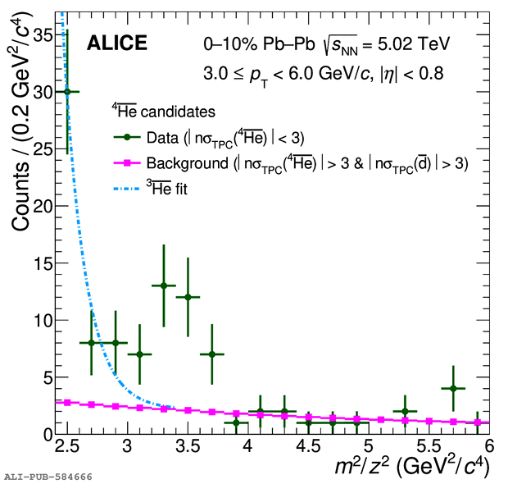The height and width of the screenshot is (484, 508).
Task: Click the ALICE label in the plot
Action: tap(116, 43)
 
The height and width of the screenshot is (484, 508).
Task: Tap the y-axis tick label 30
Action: tap(39, 92)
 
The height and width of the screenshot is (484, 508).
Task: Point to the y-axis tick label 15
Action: tap(39, 263)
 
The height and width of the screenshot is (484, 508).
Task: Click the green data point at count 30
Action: tap(67, 91)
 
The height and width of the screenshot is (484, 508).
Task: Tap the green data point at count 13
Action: tap(164, 285)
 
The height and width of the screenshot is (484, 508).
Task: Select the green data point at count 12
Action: tap(188, 297)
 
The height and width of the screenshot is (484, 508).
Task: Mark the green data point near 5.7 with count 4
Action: tap(453, 388)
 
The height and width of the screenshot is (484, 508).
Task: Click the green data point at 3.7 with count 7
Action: tap(212, 354)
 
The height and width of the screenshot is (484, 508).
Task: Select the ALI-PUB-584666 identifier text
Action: tap(48, 476)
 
